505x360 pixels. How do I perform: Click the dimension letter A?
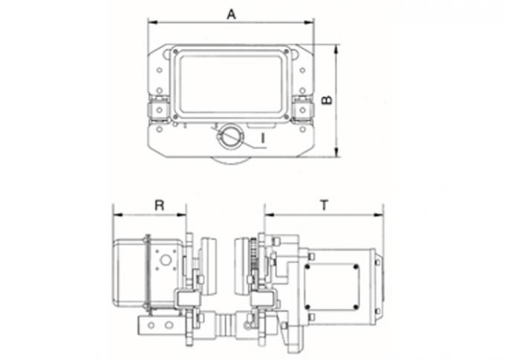231,15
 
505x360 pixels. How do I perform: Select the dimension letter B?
327,99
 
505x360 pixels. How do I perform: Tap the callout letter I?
263,138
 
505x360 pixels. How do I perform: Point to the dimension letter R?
160,205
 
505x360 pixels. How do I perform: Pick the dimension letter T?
325,205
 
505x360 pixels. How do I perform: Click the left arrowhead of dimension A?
152,22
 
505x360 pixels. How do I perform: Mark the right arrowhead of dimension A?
309,22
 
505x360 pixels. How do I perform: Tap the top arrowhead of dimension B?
336,49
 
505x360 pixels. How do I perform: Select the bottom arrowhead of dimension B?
336,152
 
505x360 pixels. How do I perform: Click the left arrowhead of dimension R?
117,215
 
